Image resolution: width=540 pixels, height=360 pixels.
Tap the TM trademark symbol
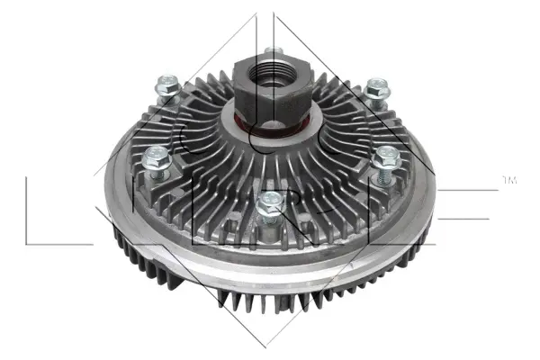510,181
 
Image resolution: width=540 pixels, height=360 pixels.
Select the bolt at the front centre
266,203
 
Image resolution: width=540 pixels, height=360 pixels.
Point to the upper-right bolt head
375,86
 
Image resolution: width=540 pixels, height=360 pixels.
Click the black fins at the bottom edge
270,315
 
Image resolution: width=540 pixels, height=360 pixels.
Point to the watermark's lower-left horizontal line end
27,244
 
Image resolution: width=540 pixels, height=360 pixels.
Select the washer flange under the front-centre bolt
267,216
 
